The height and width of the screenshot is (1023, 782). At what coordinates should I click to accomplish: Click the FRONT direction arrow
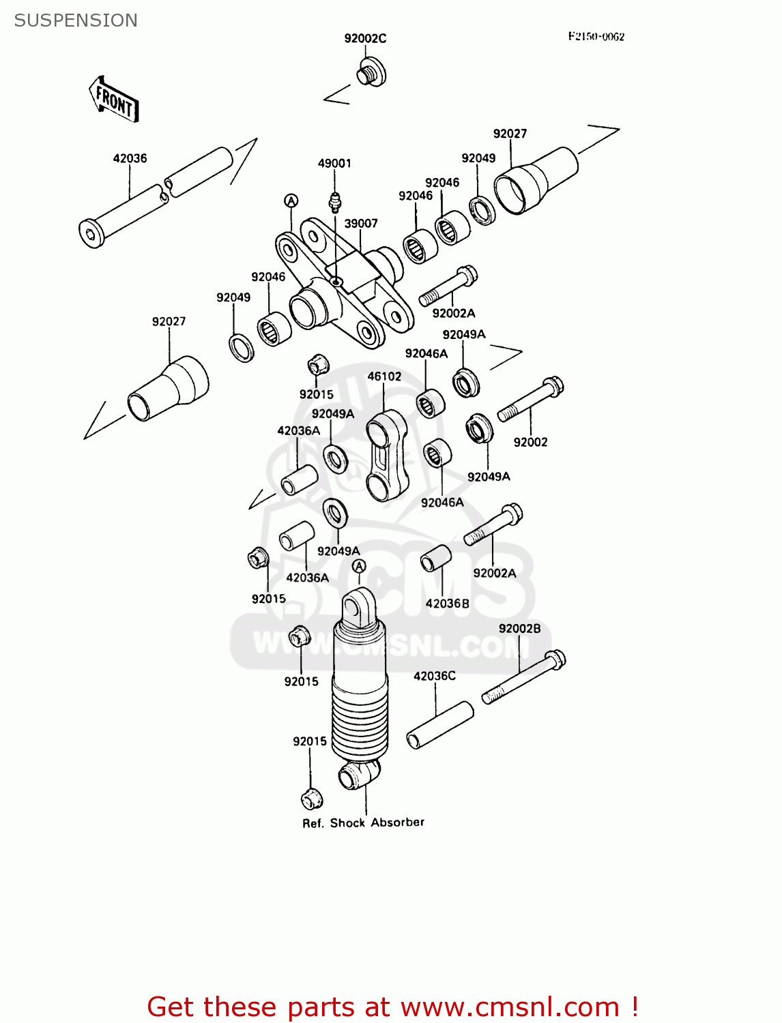tap(115, 100)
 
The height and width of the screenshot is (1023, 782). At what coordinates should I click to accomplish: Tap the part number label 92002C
tap(365, 38)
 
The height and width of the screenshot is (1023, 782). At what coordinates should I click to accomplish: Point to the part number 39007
tap(361, 224)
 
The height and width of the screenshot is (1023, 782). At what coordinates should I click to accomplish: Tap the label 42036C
tap(434, 676)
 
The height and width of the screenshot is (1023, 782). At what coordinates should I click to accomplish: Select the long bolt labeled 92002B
tap(524, 677)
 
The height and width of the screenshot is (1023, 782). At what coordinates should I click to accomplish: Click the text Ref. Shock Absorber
tap(363, 822)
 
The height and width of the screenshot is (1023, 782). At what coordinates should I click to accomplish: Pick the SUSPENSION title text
tap(76, 20)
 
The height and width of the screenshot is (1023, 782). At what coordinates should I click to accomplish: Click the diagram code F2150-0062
tap(596, 37)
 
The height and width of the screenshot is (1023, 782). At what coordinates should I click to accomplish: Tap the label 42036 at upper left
tap(130, 158)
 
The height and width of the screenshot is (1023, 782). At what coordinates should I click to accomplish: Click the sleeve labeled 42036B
tap(436, 559)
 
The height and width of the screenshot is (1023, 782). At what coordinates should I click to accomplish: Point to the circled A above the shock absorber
tap(359, 566)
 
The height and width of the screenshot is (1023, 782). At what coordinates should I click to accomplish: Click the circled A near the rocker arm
tap(291, 201)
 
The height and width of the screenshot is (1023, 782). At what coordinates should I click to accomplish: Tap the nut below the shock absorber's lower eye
tap(311, 798)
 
